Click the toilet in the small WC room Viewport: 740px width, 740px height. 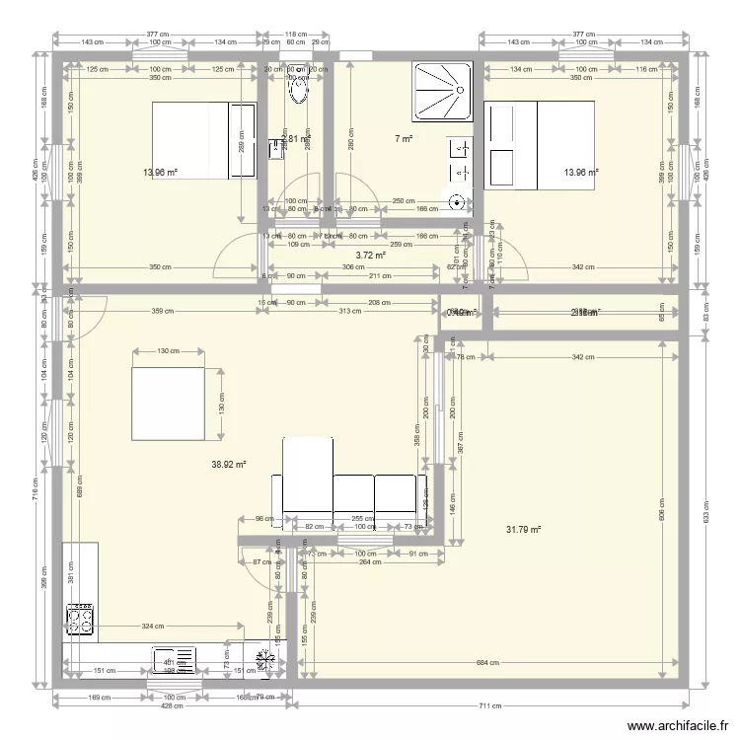coord(296,90)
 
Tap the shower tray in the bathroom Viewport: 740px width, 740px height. coord(444,92)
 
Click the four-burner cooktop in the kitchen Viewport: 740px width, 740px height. coord(79,618)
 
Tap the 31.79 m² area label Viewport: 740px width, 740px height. coord(523,530)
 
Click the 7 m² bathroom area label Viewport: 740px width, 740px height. coord(403,139)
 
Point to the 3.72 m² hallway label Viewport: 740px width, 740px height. coord(370,255)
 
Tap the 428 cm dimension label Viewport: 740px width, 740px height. coord(173,706)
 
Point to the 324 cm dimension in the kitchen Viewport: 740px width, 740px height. coord(153,626)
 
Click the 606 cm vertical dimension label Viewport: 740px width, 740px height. coord(662,508)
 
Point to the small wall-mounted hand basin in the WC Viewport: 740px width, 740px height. coord(273,149)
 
